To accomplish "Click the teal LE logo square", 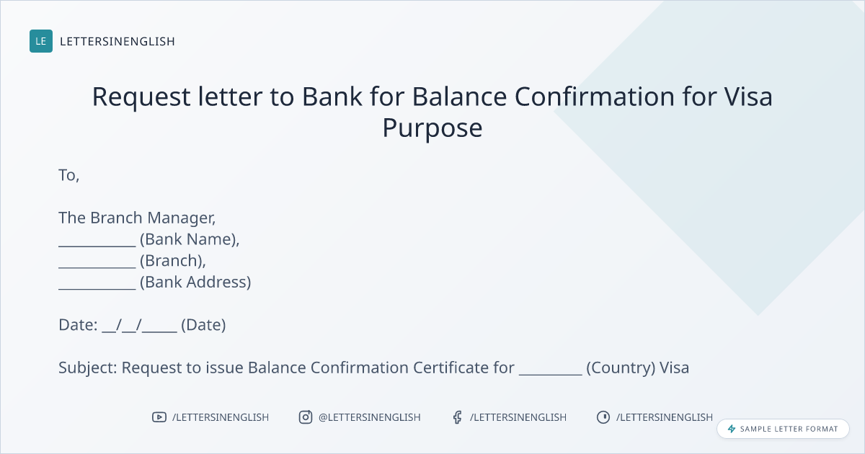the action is [x=41, y=41].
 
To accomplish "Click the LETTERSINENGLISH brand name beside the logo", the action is [x=117, y=41].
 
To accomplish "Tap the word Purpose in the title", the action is [x=432, y=128].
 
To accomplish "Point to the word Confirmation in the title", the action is [x=595, y=97].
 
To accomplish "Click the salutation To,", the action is [x=68, y=176].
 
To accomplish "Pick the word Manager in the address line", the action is [x=182, y=218].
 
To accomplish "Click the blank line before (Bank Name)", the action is [x=97, y=246].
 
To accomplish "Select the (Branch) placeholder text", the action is [x=172, y=262].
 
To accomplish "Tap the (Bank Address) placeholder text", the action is [x=195, y=282].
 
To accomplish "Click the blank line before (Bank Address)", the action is [x=97, y=288].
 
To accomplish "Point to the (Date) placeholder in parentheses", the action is [x=203, y=325].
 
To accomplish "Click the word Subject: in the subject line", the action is [x=88, y=368].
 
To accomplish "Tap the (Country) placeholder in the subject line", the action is [x=621, y=368].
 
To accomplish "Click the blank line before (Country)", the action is [x=550, y=374].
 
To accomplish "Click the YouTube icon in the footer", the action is [x=159, y=417].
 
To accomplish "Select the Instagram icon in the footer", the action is [x=306, y=417].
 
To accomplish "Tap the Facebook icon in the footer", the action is [x=458, y=417].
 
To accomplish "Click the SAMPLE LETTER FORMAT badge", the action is [x=783, y=429].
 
